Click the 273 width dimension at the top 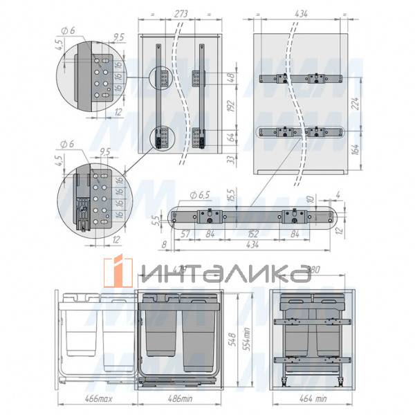[x=182, y=12]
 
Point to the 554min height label [x=239, y=339]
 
